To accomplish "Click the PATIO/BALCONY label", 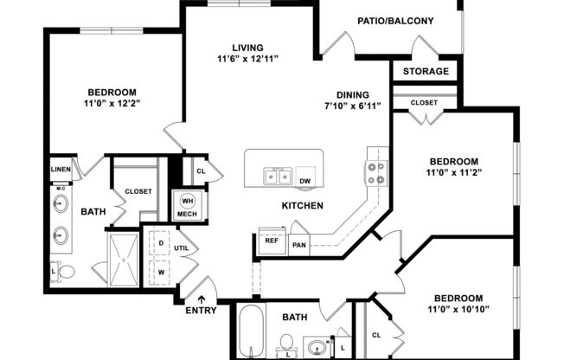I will (395, 21).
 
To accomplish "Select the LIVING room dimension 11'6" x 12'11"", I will (241, 59).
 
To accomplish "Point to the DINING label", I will (353, 95).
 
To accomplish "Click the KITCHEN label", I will (302, 205).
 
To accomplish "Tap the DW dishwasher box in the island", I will (304, 180).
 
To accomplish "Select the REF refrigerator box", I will (271, 241).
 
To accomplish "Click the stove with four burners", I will (376, 174).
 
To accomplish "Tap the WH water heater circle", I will (187, 201).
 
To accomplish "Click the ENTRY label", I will (201, 311).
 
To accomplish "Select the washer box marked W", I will (160, 271).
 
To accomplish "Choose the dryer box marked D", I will (160, 243).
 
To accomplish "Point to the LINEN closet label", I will (60, 170).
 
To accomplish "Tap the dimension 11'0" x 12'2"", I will (112, 104).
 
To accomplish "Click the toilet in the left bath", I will (65, 272).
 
